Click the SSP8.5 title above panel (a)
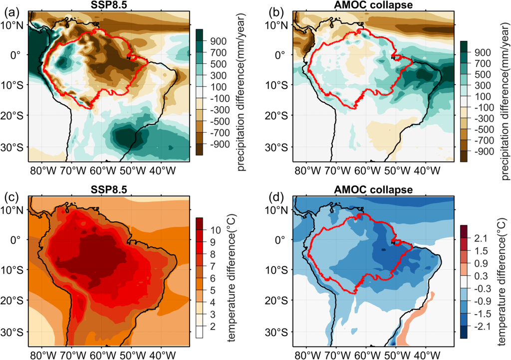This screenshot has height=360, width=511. (x=109, y=4)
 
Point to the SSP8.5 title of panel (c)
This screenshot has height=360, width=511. (x=109, y=191)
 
